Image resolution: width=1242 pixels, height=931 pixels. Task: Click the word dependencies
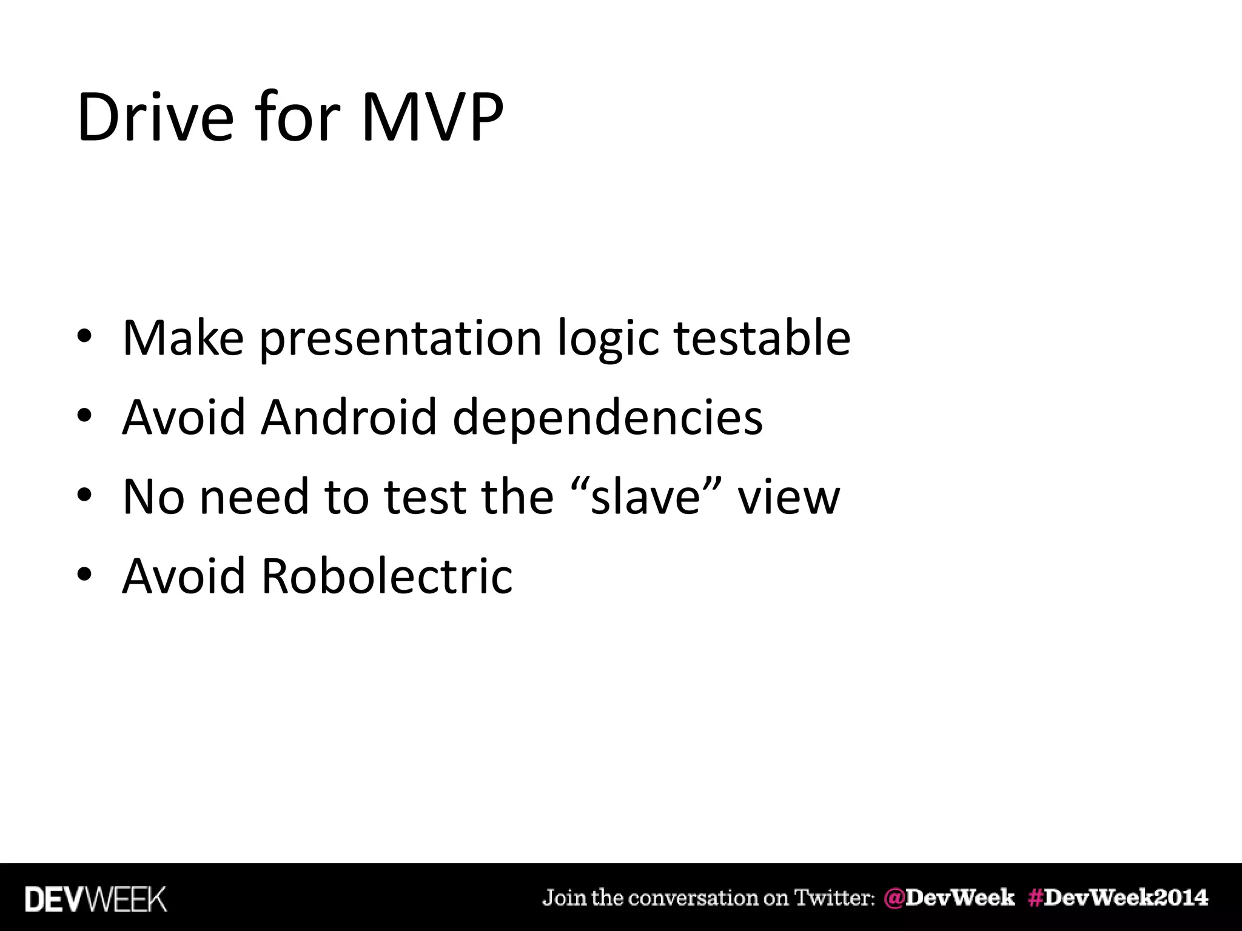coord(608,418)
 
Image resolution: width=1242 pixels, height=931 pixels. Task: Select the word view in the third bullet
coord(788,497)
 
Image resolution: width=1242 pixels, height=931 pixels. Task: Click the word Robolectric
coord(387,575)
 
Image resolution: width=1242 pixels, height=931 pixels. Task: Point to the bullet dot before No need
coord(84,495)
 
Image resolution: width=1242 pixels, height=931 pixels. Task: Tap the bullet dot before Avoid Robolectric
coord(84,575)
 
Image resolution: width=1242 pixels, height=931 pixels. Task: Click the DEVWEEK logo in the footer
coord(96,899)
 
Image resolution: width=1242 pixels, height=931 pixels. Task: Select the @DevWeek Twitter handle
coord(949,898)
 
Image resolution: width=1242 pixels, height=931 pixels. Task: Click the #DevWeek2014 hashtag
coord(1118,898)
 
